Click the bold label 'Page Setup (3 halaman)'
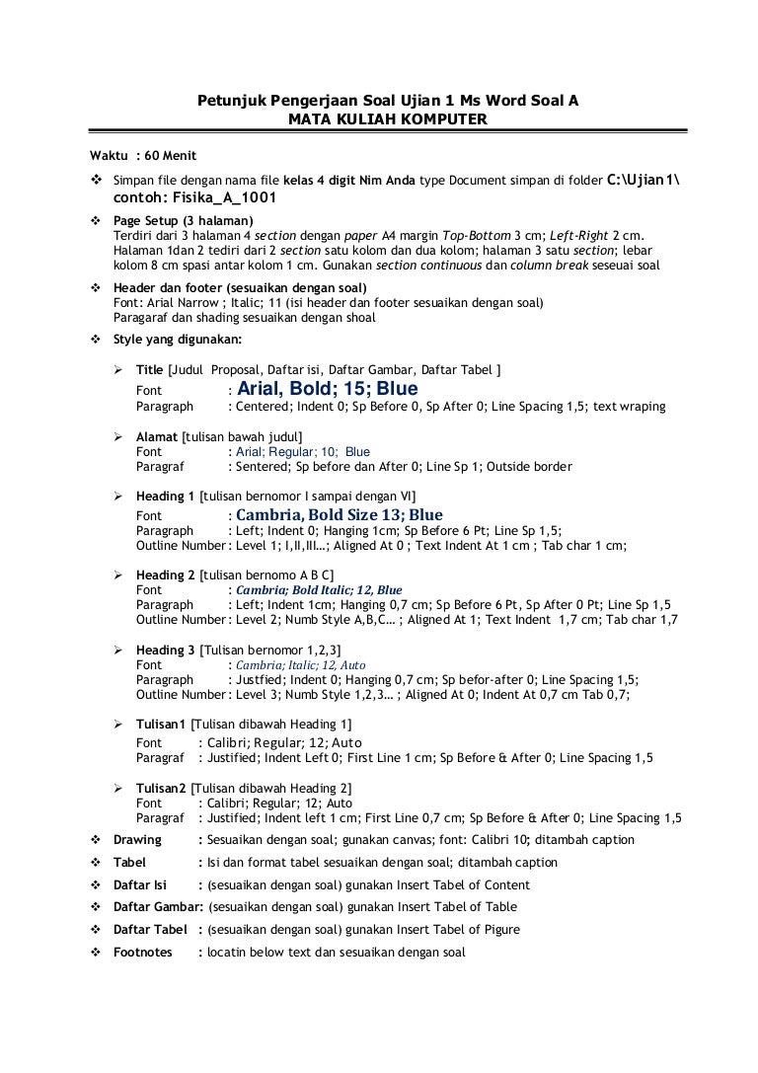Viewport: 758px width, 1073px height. pos(184,220)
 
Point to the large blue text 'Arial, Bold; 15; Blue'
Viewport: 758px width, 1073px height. pos(328,389)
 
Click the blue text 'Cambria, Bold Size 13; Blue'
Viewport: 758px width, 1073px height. pos(339,515)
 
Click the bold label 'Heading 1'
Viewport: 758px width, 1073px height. pos(165,496)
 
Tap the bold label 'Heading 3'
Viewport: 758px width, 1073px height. pos(165,650)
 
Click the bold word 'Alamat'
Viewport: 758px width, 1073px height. pos(157,436)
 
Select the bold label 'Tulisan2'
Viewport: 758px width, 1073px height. pos(161,788)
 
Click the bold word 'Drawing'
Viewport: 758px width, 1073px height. pos(137,840)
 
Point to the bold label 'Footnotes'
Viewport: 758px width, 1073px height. pos(143,953)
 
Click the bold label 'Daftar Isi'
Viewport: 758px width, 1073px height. pos(141,884)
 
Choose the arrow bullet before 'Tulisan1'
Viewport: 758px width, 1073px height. pos(116,726)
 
